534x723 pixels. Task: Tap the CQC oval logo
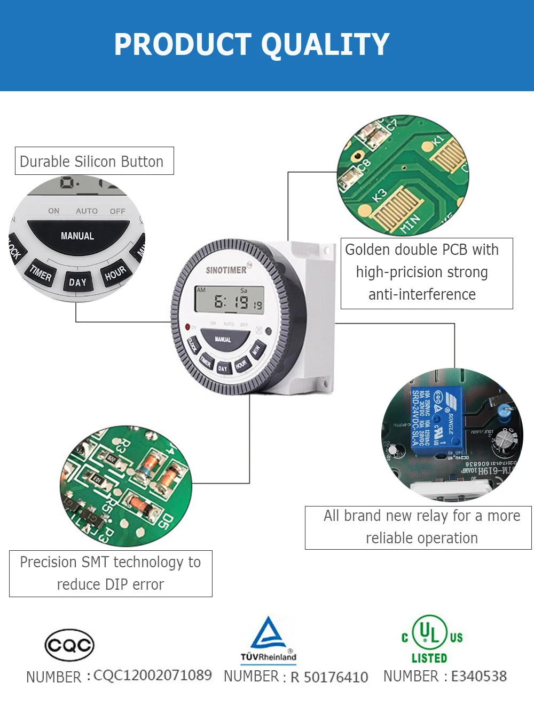(69, 645)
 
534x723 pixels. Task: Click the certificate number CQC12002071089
(153, 676)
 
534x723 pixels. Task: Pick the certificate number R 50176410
(329, 677)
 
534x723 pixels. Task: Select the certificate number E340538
(479, 676)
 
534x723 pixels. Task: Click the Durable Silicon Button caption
(92, 162)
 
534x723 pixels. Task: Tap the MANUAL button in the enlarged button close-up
(77, 236)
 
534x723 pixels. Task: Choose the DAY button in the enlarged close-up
(77, 282)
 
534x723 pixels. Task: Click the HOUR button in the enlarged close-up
(115, 273)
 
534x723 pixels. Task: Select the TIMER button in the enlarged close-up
(41, 274)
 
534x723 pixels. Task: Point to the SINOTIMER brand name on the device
(226, 270)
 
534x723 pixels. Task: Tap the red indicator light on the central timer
(187, 326)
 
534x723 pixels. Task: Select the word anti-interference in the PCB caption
(422, 294)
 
